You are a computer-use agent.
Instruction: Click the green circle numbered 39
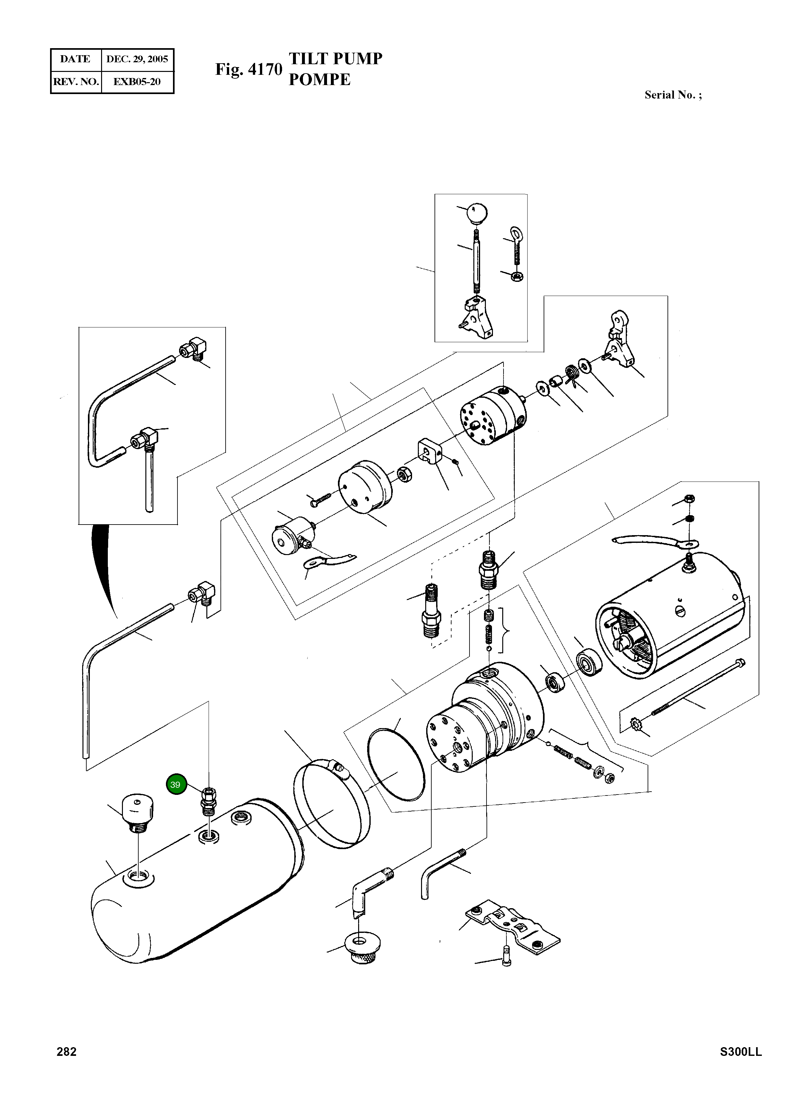pos(176,785)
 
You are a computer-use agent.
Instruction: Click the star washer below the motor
pos(635,723)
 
